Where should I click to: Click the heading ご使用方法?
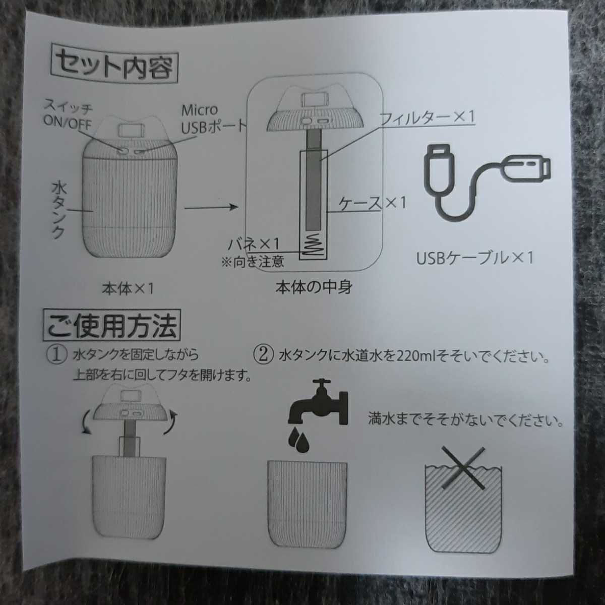tap(111, 325)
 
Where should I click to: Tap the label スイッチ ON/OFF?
tap(68, 114)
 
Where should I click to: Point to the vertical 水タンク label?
tap(58, 211)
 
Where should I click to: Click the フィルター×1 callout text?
tap(427, 117)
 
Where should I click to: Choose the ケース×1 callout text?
tap(372, 203)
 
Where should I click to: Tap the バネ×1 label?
tap(254, 244)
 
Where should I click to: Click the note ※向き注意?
tap(253, 261)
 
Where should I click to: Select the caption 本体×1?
tap(128, 288)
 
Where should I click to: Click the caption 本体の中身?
tap(314, 287)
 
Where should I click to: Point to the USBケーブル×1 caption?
tap(474, 259)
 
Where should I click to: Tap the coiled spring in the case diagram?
tap(313, 245)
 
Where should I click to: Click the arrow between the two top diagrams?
tap(211, 207)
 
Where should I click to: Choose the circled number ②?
tap(263, 355)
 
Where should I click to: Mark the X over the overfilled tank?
tap(463, 468)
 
